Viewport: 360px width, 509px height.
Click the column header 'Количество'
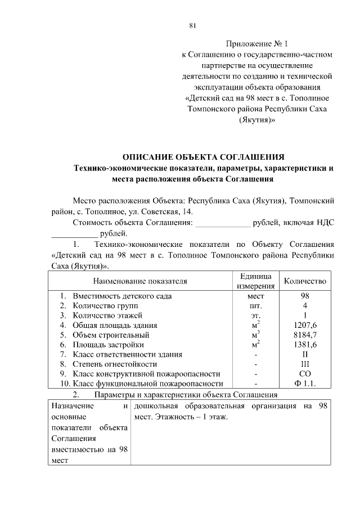(305, 281)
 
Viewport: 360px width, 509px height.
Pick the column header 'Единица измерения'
(255, 281)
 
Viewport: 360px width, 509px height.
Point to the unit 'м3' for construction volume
(256, 335)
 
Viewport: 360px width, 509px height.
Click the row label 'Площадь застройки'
(108, 345)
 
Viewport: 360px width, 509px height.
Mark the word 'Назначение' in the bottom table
(71, 406)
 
